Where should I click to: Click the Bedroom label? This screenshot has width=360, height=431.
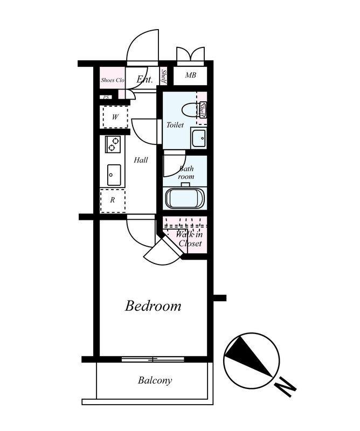pyautogui.click(x=153, y=306)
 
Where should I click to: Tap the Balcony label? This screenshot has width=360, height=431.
pyautogui.click(x=155, y=380)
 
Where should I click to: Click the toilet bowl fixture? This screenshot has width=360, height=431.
pyautogui.click(x=191, y=109)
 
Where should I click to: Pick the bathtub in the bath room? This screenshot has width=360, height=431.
pyautogui.click(x=185, y=198)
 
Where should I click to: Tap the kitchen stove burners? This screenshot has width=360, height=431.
pyautogui.click(x=113, y=144)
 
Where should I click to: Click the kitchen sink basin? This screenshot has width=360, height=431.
pyautogui.click(x=114, y=175)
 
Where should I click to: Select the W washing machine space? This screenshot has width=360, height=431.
pyautogui.click(x=115, y=117)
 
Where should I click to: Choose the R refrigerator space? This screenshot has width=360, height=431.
pyautogui.click(x=113, y=200)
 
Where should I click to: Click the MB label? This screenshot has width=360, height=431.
pyautogui.click(x=191, y=75)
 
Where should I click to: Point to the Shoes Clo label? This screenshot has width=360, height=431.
pyautogui.click(x=113, y=80)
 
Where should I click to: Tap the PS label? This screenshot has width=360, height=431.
pyautogui.click(x=106, y=98)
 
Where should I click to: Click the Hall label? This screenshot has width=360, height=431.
pyautogui.click(x=141, y=160)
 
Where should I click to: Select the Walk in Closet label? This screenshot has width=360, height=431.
pyautogui.click(x=190, y=239)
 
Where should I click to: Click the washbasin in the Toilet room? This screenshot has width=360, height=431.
pyautogui.click(x=198, y=138)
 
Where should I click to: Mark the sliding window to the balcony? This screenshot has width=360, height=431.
pyautogui.click(x=153, y=359)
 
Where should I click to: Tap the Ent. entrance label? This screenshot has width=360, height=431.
pyautogui.click(x=144, y=79)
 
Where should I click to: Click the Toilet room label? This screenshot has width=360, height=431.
pyautogui.click(x=175, y=125)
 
